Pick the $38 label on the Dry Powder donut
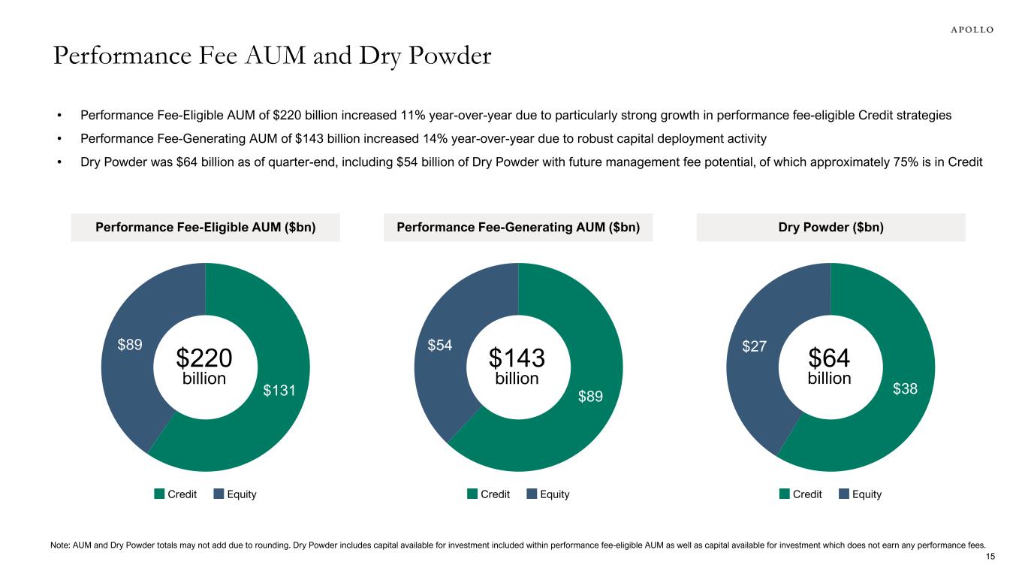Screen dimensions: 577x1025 (905, 388)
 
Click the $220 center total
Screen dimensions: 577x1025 (204, 357)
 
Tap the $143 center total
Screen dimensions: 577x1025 (517, 357)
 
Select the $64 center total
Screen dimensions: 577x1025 (829, 357)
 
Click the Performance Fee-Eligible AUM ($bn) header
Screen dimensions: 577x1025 (206, 228)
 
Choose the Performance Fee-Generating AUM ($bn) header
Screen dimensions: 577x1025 (518, 228)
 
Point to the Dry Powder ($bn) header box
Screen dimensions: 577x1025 (831, 228)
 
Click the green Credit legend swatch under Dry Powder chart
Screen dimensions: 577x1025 (785, 494)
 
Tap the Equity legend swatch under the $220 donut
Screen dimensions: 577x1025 (219, 494)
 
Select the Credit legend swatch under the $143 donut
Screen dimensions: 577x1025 (472, 494)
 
